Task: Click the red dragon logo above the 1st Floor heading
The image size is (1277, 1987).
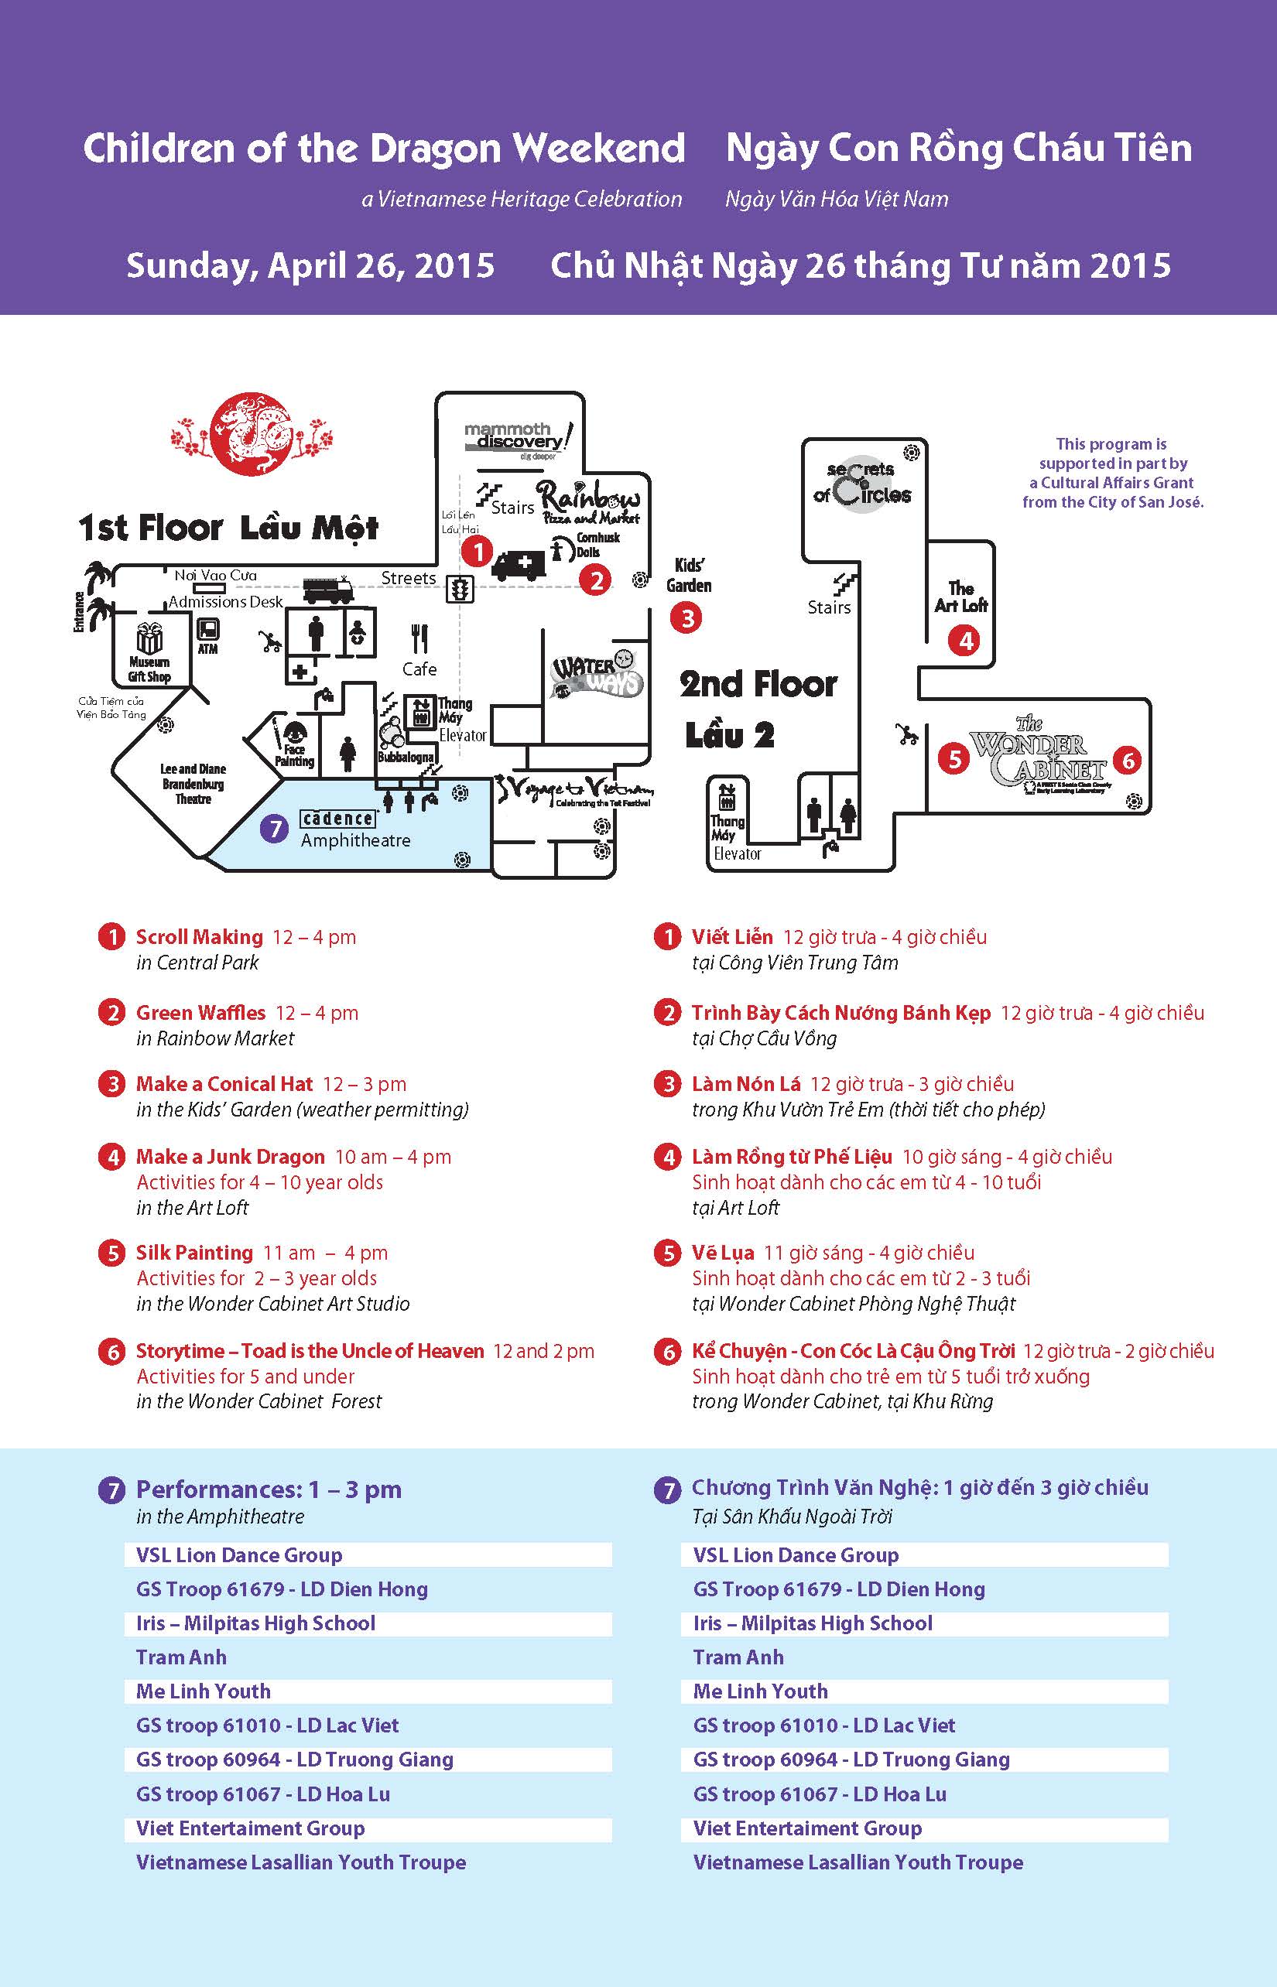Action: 252,435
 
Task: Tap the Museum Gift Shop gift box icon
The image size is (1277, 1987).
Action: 149,639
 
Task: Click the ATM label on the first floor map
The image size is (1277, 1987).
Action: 208,649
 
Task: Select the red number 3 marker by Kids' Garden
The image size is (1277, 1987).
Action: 686,617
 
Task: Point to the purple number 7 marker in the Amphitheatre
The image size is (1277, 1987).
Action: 274,828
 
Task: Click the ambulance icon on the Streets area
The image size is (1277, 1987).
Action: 519,566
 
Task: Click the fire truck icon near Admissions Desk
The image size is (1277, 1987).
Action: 328,590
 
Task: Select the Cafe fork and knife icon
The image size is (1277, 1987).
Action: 419,639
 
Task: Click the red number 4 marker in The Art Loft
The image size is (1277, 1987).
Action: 965,641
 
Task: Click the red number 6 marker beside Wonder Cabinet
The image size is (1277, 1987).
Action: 1128,760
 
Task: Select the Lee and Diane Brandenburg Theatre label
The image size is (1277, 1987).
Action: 193,783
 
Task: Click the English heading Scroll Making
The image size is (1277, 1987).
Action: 199,937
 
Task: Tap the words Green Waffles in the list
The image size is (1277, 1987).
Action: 200,1012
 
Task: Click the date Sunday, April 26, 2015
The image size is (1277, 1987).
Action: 310,265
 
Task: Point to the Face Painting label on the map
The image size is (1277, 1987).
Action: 294,755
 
